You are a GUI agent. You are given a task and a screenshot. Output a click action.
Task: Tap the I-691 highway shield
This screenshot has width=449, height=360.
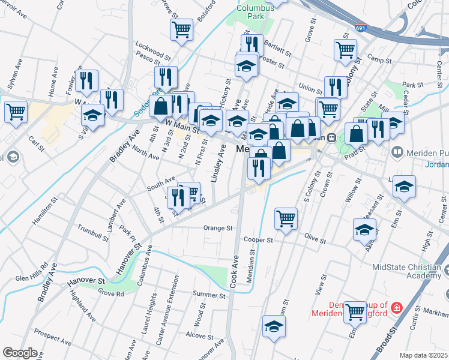(x=360, y=28)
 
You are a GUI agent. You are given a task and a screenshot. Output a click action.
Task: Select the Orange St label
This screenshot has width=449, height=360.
(x=217, y=228)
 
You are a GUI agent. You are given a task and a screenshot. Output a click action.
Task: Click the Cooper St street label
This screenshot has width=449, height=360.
(x=258, y=239)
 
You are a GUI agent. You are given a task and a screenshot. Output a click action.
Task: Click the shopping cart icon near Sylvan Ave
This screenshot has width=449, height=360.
(x=16, y=111)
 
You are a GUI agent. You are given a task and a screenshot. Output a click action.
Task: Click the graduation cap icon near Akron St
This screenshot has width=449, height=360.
(x=364, y=229)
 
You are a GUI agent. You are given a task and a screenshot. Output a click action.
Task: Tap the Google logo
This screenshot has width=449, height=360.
(x=20, y=353)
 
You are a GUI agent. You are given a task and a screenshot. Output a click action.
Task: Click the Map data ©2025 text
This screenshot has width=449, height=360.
(x=423, y=355)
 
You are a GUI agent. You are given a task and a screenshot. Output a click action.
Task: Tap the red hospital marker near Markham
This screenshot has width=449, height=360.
(x=396, y=308)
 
